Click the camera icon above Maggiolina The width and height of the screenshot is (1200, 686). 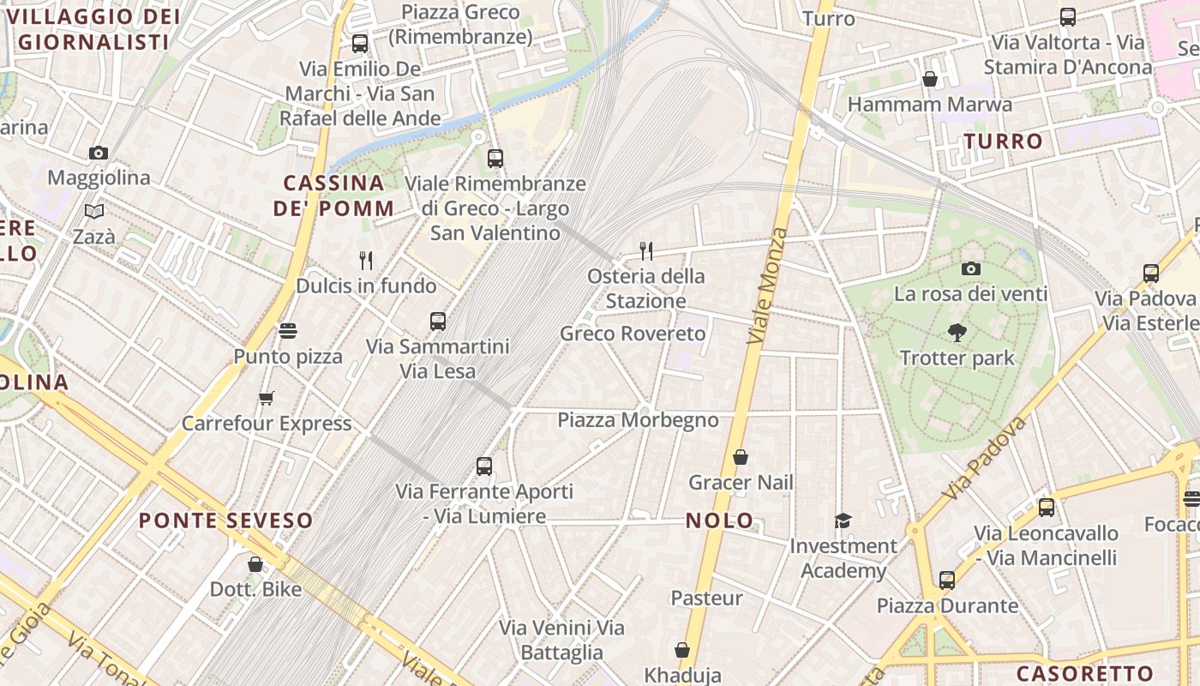[x=99, y=153]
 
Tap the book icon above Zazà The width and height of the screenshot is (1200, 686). [x=94, y=211]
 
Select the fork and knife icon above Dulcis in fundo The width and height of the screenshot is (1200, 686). [x=366, y=260]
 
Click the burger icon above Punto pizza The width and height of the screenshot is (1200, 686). [x=288, y=330]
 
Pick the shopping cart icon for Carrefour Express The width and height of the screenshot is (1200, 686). [x=267, y=398]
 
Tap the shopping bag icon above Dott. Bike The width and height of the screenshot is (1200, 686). [x=255, y=563]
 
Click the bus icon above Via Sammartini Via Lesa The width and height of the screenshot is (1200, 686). [x=438, y=322]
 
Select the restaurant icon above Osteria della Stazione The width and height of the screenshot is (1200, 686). [x=646, y=250]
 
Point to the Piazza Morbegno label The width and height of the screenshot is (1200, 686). [x=638, y=420]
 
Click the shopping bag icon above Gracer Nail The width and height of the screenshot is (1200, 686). [x=741, y=457]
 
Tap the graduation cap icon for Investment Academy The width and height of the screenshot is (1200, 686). [x=843, y=521]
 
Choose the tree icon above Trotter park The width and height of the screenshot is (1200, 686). [x=957, y=333]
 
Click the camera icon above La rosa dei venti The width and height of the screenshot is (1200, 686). [x=971, y=268]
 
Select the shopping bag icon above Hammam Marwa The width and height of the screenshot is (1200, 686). [x=930, y=80]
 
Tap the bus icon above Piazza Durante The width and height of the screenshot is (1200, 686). [x=947, y=581]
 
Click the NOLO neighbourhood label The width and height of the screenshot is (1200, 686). [x=720, y=521]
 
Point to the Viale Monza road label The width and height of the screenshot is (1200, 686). [x=766, y=286]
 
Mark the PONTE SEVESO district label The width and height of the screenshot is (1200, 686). [x=226, y=521]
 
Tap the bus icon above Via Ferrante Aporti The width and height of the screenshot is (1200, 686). [x=484, y=466]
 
